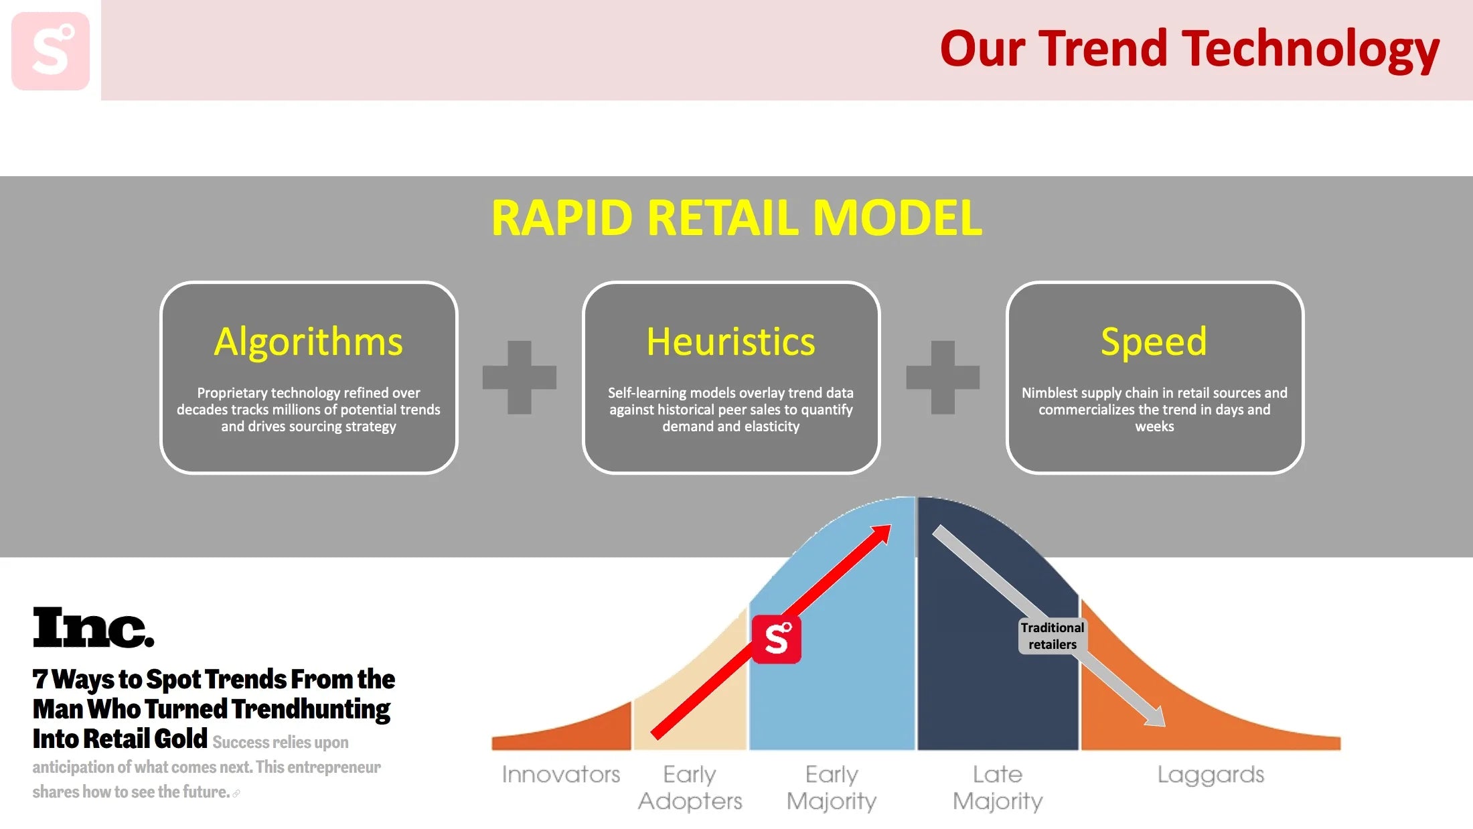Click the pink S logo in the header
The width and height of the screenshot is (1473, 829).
coord(51,51)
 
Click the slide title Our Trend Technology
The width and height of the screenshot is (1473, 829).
coord(1189,50)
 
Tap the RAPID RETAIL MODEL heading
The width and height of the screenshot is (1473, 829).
coord(736,218)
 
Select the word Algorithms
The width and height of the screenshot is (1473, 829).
coord(309,342)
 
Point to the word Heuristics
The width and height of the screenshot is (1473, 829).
coord(731,342)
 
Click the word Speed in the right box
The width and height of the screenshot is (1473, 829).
coord(1154,342)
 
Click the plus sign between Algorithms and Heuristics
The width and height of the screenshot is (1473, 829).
coord(520,378)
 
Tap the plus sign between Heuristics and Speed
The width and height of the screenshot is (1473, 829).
coord(943,378)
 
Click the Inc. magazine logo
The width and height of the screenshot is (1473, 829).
coord(93,627)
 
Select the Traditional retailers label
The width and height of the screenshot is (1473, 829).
coord(1053,635)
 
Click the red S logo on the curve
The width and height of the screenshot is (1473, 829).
coord(777,639)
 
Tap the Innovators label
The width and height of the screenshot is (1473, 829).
coord(561,775)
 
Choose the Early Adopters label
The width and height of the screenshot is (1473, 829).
coord(690,787)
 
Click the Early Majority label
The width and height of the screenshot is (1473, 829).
coord(832,787)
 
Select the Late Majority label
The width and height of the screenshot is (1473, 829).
coord(998,787)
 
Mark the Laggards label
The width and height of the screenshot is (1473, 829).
coord(1211,775)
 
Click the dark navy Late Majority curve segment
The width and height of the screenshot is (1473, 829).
coord(998,670)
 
